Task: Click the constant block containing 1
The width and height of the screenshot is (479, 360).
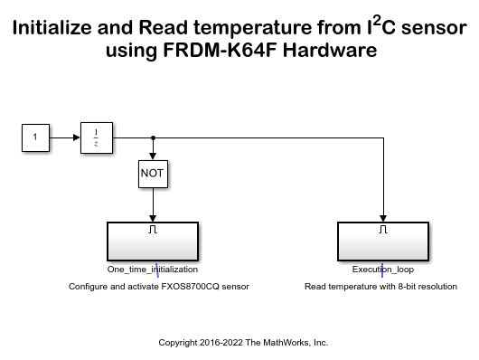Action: click(x=35, y=137)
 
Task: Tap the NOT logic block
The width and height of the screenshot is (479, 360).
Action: click(x=152, y=172)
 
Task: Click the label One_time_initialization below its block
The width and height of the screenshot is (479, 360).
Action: click(x=152, y=270)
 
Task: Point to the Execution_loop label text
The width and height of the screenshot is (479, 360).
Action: click(x=384, y=270)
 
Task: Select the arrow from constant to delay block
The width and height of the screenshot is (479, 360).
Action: click(x=63, y=137)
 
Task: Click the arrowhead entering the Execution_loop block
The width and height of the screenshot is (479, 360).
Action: click(x=384, y=217)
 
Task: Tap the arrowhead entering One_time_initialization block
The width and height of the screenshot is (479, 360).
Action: click(x=152, y=217)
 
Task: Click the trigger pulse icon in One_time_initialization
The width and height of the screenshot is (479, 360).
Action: click(x=152, y=230)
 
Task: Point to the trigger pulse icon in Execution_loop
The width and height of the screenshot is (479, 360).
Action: click(x=384, y=230)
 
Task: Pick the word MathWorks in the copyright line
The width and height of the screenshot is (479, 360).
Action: click(x=279, y=343)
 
